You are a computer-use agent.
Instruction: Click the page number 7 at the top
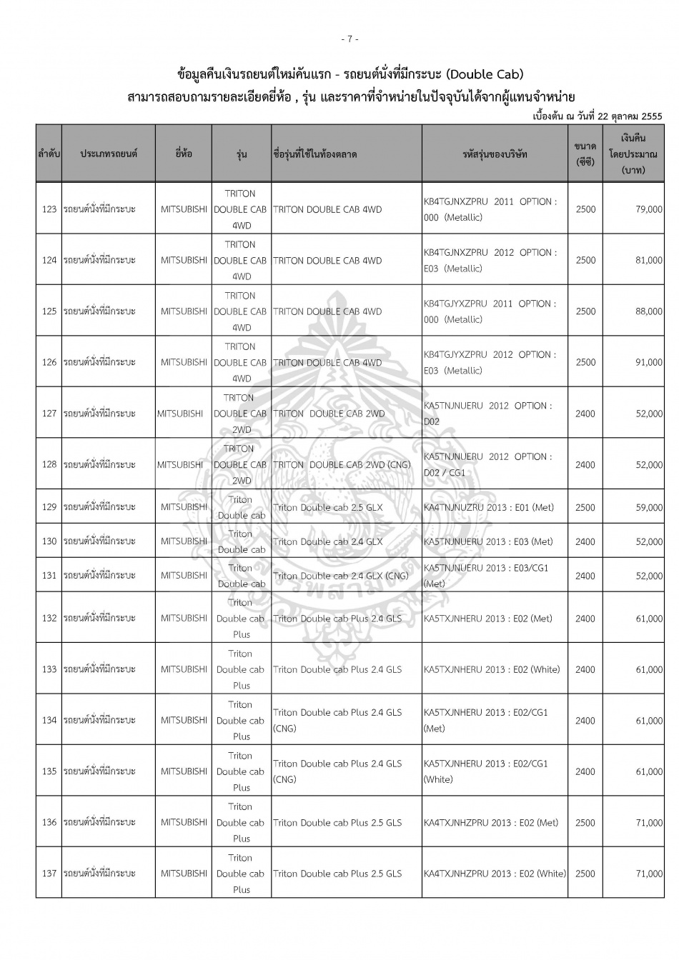tap(350, 39)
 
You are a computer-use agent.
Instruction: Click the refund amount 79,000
tap(648, 209)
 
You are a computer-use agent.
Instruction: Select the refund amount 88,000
tap(648, 311)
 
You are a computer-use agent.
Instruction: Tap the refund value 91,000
tap(648, 362)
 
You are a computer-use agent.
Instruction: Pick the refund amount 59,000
tap(648, 507)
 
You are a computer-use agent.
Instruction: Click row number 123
tap(49, 209)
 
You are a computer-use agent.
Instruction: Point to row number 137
tap(49, 874)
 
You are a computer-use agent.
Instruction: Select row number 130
tap(49, 541)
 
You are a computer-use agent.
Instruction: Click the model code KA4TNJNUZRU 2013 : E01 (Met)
tap(488, 507)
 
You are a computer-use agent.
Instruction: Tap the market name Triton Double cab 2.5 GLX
tap(328, 507)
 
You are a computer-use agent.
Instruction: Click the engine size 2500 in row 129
tap(585, 507)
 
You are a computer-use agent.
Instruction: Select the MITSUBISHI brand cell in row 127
tap(180, 414)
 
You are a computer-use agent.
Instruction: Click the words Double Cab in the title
tap(493, 74)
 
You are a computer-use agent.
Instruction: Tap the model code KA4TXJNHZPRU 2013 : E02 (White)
tap(494, 874)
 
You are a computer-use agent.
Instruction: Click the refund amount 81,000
tap(648, 261)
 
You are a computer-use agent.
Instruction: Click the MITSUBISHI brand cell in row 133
tap(184, 669)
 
